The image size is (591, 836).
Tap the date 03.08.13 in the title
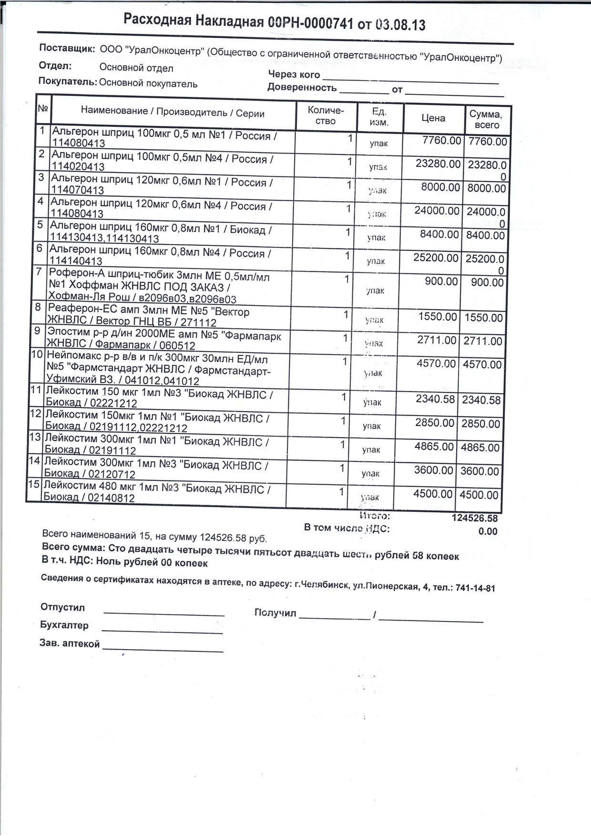pyautogui.click(x=400, y=25)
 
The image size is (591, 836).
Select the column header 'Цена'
pyautogui.click(x=433, y=118)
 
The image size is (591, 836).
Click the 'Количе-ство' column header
pyautogui.click(x=326, y=115)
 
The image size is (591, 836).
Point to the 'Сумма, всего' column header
pyautogui.click(x=486, y=119)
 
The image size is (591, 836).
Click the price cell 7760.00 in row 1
pyautogui.click(x=442, y=141)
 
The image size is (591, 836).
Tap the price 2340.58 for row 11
pyautogui.click(x=435, y=398)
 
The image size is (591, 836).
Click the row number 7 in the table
pyautogui.click(x=40, y=272)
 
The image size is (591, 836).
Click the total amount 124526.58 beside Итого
pyautogui.click(x=474, y=518)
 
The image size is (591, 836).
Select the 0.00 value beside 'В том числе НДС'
pyautogui.click(x=488, y=531)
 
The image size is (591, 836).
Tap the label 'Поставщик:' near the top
pyautogui.click(x=67, y=48)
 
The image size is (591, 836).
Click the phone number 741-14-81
pyautogui.click(x=475, y=588)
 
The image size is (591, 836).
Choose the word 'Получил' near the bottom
pyautogui.click(x=275, y=613)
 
